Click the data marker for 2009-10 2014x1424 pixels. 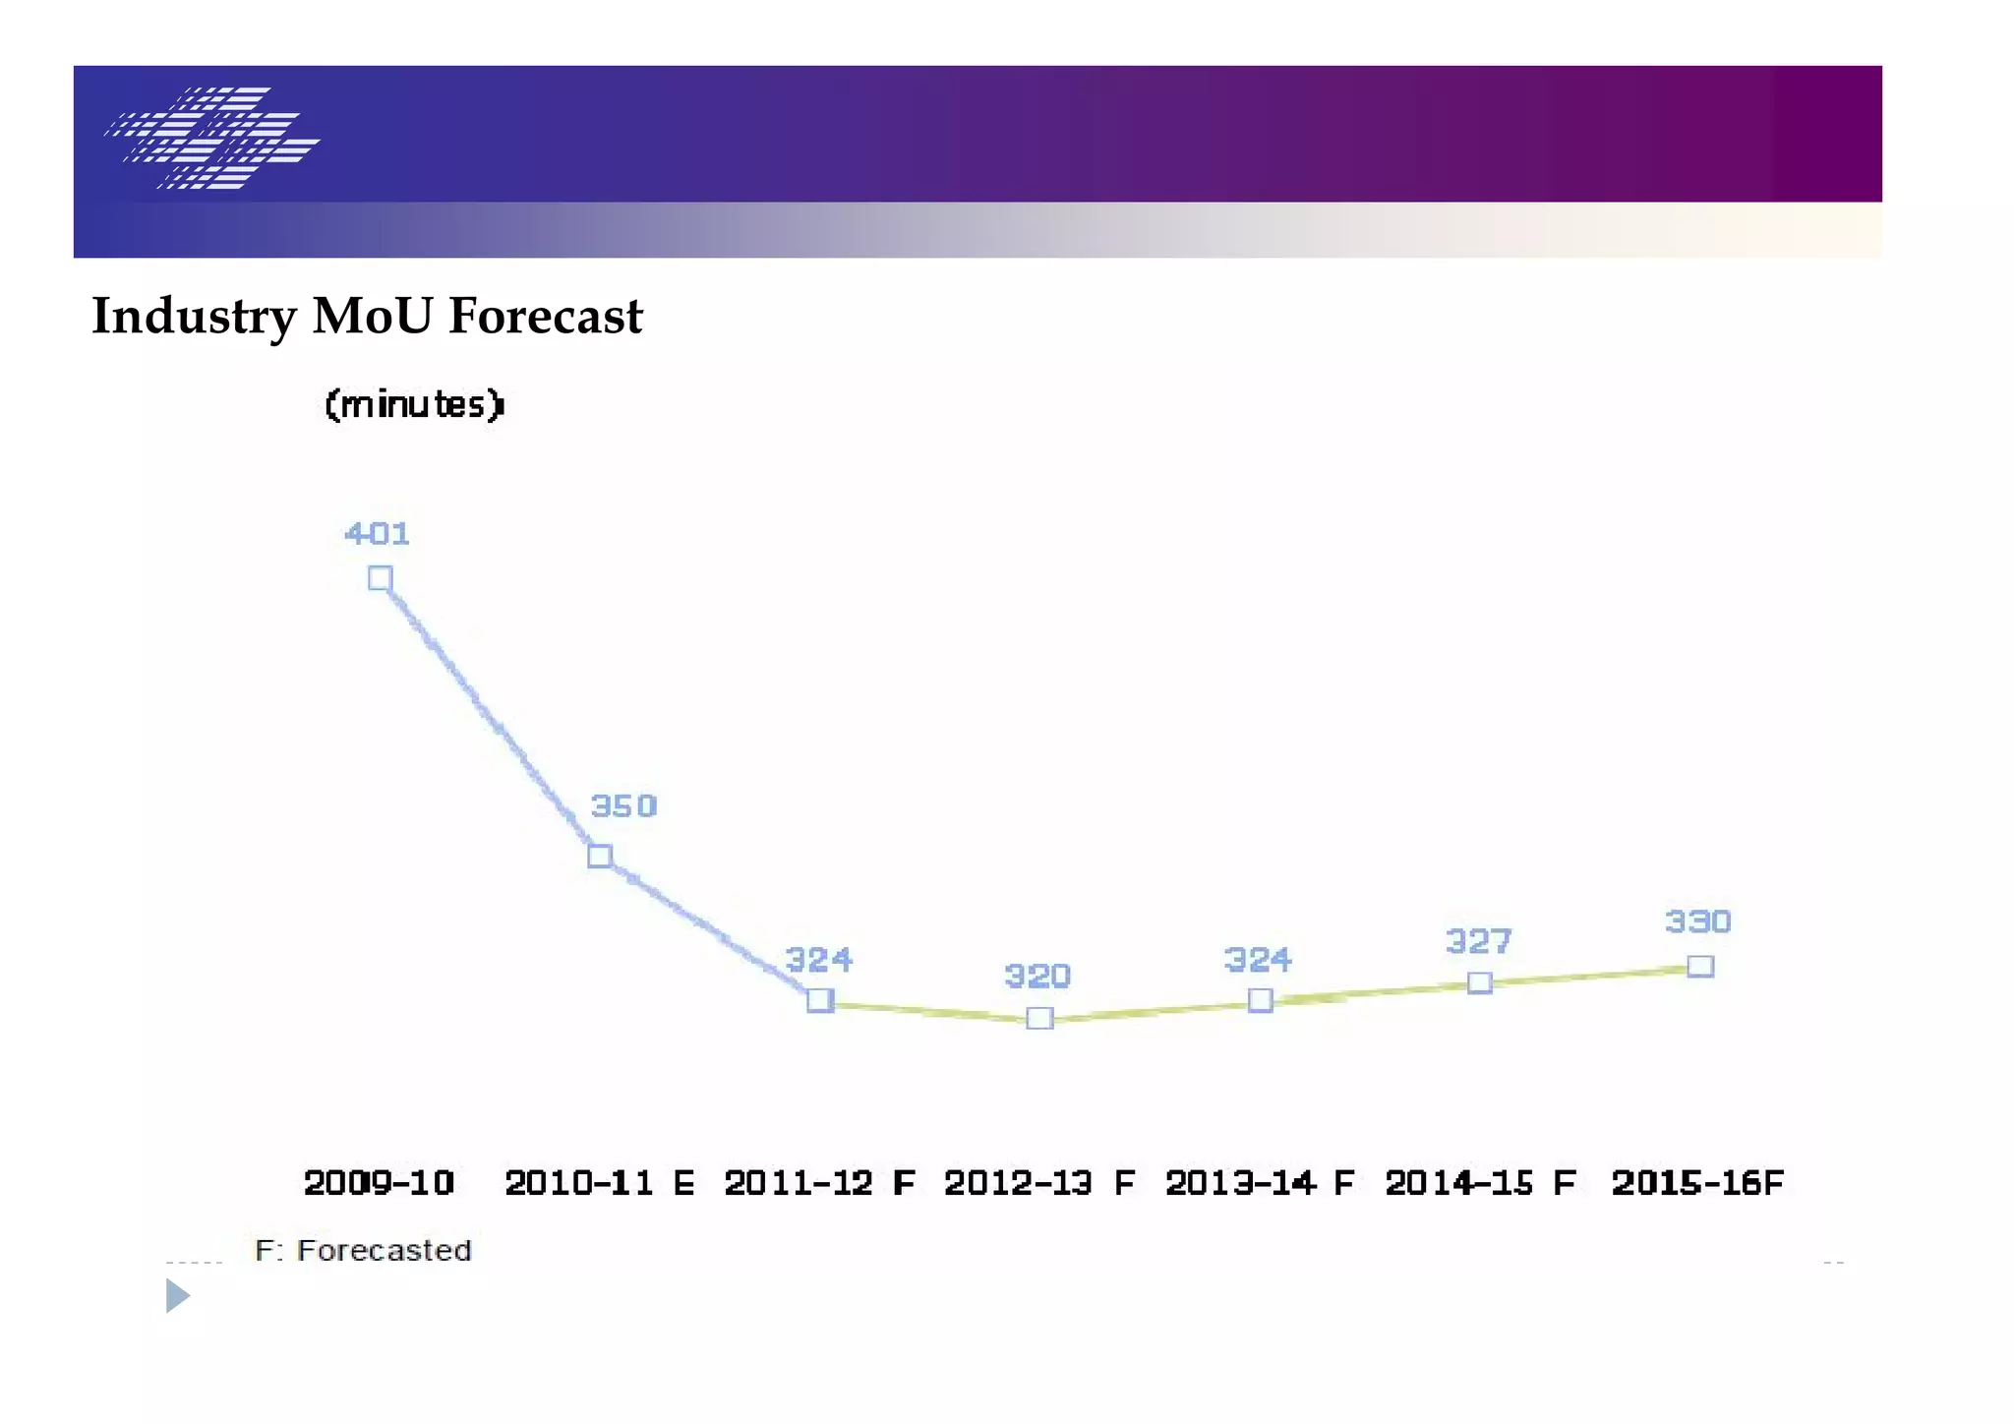click(381, 578)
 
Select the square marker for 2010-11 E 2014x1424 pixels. click(600, 856)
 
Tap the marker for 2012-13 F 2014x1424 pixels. click(1039, 1018)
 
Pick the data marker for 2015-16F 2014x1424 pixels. click(1700, 966)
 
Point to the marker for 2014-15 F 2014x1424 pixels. click(1479, 982)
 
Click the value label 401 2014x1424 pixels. click(377, 534)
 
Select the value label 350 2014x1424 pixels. click(623, 806)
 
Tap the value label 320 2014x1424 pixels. click(1037, 976)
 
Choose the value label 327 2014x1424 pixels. click(1478, 941)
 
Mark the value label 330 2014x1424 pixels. click(1698, 921)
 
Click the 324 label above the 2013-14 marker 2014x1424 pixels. click(1258, 959)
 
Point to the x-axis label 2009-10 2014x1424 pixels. click(379, 1182)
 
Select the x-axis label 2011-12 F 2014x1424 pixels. click(819, 1182)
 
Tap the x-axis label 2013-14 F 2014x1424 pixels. click(1260, 1182)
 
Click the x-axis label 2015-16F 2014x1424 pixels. click(1697, 1182)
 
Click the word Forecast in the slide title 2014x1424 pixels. click(546, 317)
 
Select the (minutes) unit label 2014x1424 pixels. click(414, 404)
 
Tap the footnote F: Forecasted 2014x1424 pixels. click(363, 1250)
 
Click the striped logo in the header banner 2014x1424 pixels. click(212, 138)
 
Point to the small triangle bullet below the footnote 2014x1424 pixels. click(177, 1295)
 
